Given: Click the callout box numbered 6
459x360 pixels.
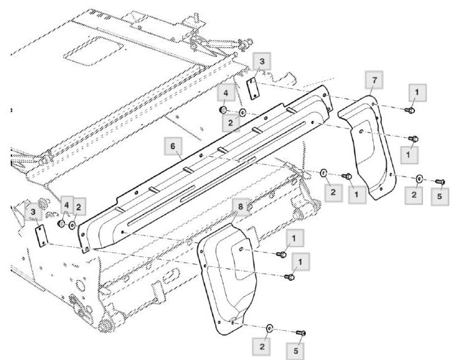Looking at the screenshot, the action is coord(173,146).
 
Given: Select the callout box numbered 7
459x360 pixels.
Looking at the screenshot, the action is coord(374,80).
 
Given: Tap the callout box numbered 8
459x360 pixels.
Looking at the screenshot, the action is coord(241,207).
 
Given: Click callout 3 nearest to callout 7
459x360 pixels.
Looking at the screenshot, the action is coord(262,61).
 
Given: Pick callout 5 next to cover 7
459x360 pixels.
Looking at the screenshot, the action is coord(440,196).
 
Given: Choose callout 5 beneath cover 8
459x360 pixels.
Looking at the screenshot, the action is coord(296,350).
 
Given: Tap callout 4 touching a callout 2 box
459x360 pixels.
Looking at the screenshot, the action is coord(67,206).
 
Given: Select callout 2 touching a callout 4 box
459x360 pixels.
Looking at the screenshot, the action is coord(79,207).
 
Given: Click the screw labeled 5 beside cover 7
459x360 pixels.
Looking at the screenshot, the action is coord(441,182).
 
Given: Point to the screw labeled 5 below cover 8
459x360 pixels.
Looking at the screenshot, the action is coord(301,333).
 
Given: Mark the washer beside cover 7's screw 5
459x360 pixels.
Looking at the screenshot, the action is coord(419,178).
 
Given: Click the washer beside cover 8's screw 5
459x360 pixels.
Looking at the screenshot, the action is coord(269,328).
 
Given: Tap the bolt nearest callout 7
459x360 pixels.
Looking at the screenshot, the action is coord(410,110).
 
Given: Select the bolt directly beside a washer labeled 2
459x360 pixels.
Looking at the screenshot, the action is coord(347,176).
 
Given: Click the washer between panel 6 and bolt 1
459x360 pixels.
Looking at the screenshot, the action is coord(324,173).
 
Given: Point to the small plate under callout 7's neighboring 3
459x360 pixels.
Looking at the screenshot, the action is coord(253,89).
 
